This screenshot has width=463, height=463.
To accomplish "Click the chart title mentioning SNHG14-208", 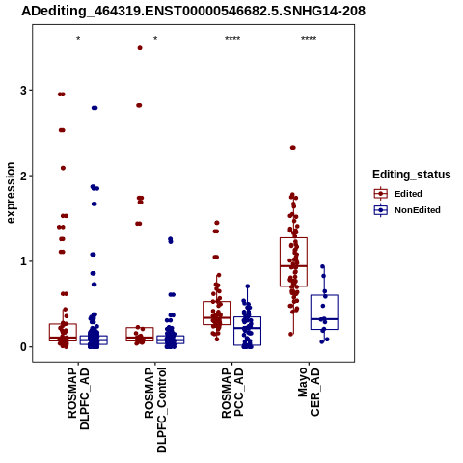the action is pos(194,11).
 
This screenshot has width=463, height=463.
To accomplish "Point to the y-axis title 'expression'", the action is pos(11,193).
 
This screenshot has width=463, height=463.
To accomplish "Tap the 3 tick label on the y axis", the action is pos(23,91).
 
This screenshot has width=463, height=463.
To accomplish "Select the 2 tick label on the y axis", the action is pos(23,176).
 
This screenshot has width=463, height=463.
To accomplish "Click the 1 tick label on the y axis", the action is pos(23,261).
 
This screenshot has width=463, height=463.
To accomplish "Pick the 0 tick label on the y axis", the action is pos(23,347).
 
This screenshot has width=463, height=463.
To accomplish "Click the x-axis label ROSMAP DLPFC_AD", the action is pos(78,398).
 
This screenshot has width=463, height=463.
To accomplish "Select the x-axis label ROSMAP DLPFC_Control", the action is pos(155,410).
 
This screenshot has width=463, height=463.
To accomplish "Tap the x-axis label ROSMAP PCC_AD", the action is pos(232,393).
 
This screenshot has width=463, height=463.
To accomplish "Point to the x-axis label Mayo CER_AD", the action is pos(309,392).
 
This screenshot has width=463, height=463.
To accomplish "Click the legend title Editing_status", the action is pos(412,175).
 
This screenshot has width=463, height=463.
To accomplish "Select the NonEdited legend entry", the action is pos(407,210).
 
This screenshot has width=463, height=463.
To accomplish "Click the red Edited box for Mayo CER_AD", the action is pos(293,238).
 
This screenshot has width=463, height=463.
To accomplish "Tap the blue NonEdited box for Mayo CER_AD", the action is pos(324,295).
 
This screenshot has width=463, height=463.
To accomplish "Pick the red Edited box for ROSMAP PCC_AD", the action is pos(217,302).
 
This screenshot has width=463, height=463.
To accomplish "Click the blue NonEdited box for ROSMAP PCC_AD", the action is pos(247,317).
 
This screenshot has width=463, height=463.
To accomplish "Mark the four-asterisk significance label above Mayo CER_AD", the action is pos(309,39).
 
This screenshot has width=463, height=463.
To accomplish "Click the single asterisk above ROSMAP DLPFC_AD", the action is pos(78,39).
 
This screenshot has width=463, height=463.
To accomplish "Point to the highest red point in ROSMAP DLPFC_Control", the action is pos(140,48).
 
